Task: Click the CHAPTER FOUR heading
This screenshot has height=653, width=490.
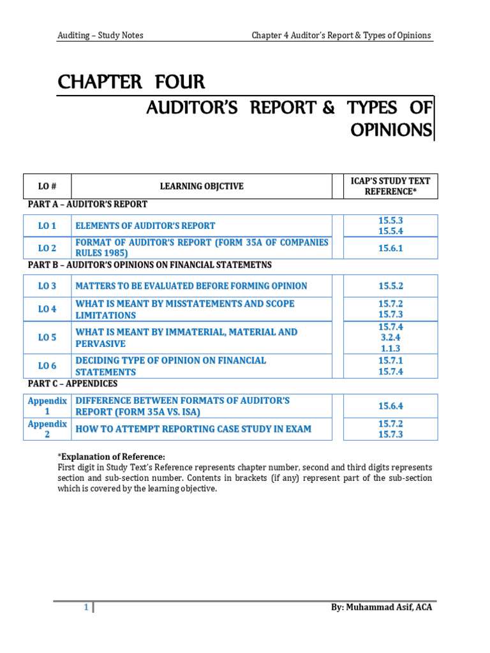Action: point(131,82)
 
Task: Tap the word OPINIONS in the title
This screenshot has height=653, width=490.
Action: point(390,129)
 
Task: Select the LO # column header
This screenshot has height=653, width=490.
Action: point(47,186)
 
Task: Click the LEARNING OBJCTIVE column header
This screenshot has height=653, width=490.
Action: point(202,186)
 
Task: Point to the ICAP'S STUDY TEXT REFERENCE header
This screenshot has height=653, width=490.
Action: point(390,186)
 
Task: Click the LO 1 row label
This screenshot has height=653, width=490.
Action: point(47,226)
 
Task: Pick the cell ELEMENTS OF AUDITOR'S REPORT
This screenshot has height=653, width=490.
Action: point(145,226)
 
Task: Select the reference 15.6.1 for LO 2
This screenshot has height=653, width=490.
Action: point(390,248)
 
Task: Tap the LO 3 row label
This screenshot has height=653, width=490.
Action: point(47,286)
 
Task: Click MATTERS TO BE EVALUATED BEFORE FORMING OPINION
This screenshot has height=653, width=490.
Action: point(191,286)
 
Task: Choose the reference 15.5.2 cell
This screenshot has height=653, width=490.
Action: point(390,286)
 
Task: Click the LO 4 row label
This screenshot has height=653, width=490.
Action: point(47,309)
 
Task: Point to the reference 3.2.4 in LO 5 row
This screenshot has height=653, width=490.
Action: point(390,337)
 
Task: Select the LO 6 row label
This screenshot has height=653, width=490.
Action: point(47,366)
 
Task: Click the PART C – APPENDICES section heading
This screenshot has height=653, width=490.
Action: point(73,384)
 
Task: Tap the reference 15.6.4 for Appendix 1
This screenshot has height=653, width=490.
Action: point(390,406)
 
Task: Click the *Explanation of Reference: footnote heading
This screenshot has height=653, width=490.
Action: point(111,457)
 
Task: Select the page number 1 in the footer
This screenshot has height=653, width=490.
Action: point(86,608)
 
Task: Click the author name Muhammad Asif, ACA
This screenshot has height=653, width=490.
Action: point(382,608)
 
